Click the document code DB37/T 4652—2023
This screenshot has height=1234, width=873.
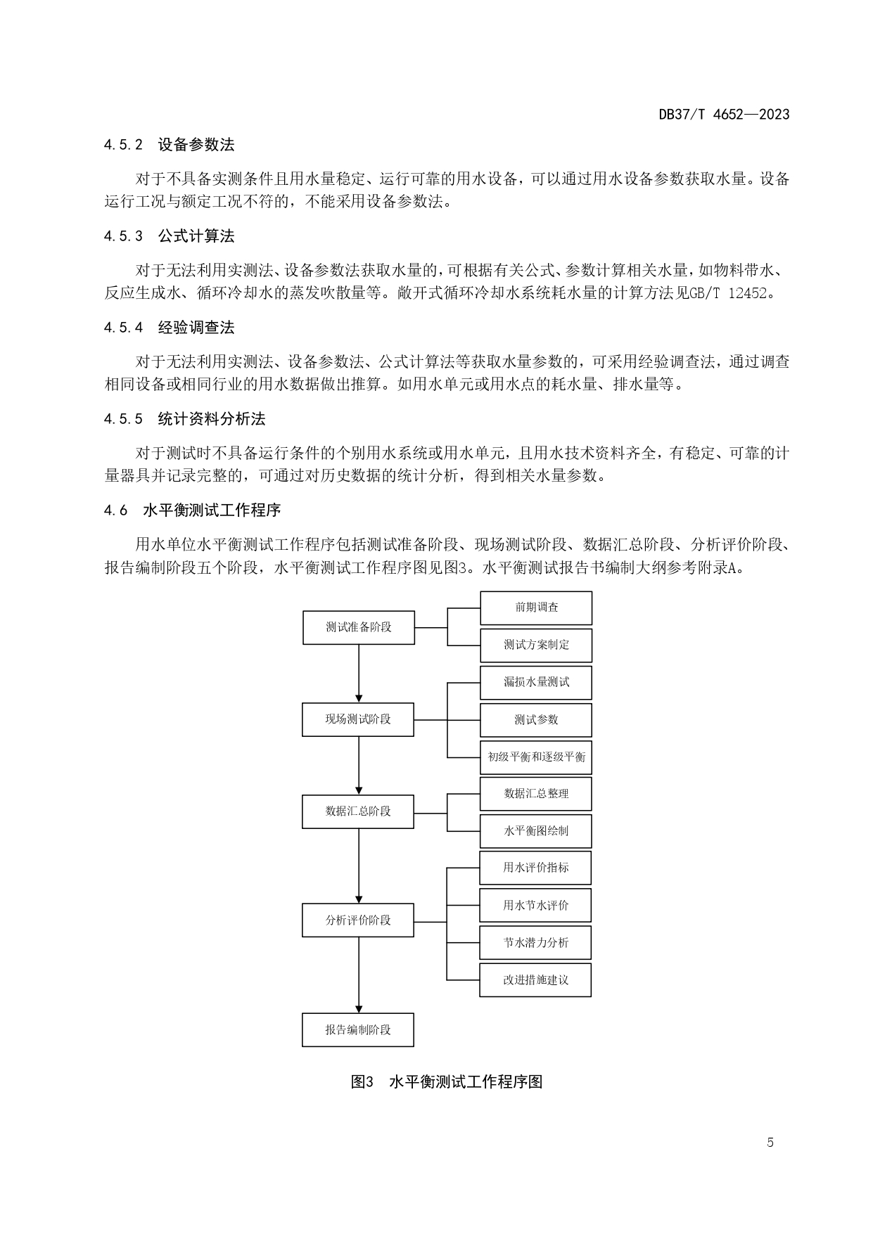pos(724,114)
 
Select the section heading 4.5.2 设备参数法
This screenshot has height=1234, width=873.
pos(169,145)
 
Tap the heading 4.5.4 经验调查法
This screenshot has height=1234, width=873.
pos(169,328)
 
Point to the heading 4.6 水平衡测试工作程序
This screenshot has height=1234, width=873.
pos(192,510)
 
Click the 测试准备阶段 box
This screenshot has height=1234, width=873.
pos(358,627)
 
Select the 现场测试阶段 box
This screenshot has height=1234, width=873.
pos(358,719)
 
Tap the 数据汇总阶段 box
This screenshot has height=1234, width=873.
pos(358,811)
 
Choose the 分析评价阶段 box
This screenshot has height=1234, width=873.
pos(358,920)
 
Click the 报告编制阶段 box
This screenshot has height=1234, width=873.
pos(358,1029)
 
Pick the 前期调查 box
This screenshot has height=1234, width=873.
pos(536,608)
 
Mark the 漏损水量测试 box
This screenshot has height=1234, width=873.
pos(536,683)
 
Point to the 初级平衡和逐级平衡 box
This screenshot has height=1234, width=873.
pos(536,757)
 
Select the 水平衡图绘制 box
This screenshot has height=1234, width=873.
pos(536,831)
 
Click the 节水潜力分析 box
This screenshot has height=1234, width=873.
pos(535,943)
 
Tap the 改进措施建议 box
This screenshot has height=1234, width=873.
pos(535,980)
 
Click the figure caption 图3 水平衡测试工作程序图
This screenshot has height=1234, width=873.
pos(447,1081)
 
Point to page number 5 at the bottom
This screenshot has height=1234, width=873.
pos(770,1143)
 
